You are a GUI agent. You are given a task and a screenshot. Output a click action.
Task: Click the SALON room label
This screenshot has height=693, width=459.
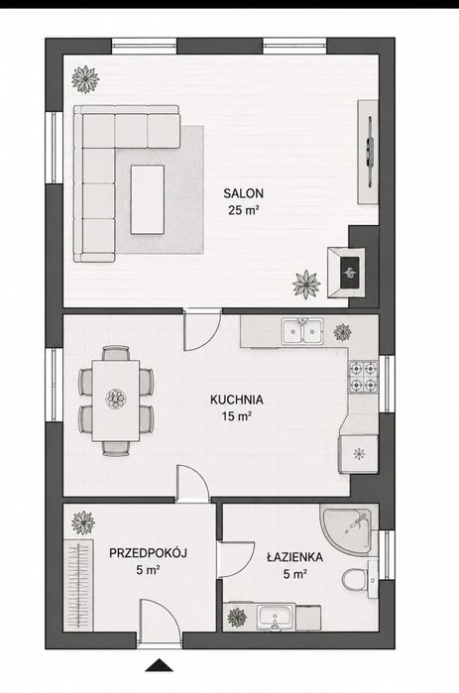coord(243,193)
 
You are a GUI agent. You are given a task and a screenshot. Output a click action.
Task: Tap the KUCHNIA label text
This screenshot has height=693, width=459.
coord(236,400)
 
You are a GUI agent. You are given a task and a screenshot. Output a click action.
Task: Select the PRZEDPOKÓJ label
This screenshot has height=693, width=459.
coord(148,553)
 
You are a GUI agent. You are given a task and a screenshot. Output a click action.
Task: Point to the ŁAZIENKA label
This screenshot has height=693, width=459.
coord(294,557)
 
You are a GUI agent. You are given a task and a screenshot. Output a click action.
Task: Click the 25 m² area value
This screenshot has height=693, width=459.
coord(243,210)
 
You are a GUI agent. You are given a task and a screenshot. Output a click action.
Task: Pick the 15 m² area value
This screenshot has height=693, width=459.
coord(237,416)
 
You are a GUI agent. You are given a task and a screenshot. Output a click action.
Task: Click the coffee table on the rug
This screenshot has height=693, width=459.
coord(148,199)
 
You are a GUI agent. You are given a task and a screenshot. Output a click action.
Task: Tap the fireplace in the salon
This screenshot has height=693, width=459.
coord(346,273)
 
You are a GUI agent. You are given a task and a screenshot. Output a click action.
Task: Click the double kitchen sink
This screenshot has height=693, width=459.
coord(302,330)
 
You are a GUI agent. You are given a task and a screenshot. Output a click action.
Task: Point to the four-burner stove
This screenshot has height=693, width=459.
coord(363,377)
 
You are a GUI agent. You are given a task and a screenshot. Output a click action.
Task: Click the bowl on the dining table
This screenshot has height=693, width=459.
coord(116,400)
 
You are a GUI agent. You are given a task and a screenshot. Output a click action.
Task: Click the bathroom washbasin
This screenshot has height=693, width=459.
coord(276,617)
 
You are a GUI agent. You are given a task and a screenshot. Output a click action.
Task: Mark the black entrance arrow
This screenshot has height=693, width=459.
coord(159,665)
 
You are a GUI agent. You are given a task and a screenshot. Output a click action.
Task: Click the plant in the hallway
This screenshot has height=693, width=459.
coord(83,522)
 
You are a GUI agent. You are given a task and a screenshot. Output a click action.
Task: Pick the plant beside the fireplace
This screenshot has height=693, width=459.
coord(306,285)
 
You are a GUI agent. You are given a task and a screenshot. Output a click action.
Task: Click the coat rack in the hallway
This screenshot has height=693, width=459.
coord(78,583)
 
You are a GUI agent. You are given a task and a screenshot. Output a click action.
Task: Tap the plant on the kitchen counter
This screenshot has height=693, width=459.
coord(342,332)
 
